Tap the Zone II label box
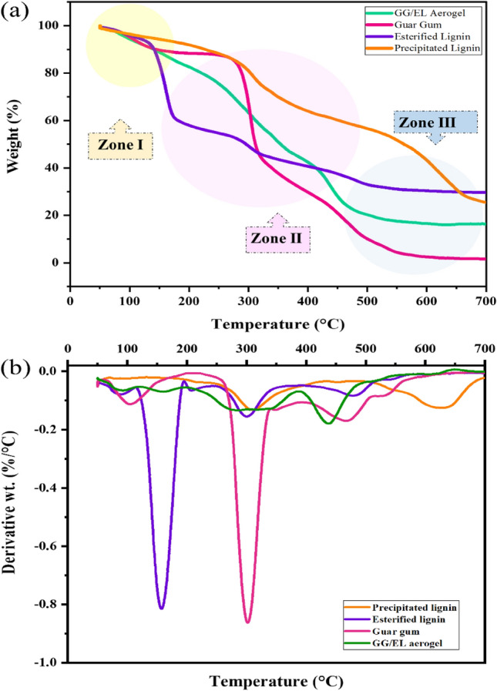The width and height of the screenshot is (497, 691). coord(277,240)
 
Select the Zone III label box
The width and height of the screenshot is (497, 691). coord(436,122)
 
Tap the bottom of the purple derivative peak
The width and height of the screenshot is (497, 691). coord(161,608)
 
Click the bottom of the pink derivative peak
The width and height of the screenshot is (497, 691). coord(247,622)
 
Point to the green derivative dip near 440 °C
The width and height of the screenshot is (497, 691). coord(329,423)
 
